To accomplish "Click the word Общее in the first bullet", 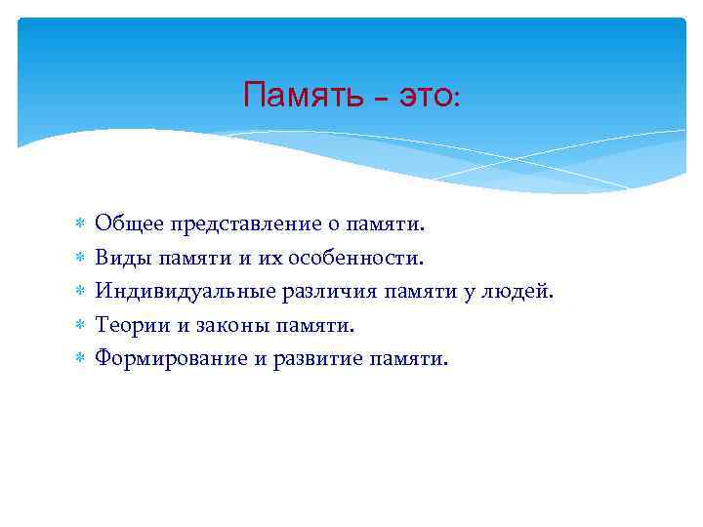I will pos(130,224).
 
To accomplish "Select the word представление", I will pos(248,224).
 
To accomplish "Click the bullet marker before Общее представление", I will pos(80,225).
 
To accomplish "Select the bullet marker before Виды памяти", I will pos(80,259).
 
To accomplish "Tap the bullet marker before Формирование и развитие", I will pos(80,358).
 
